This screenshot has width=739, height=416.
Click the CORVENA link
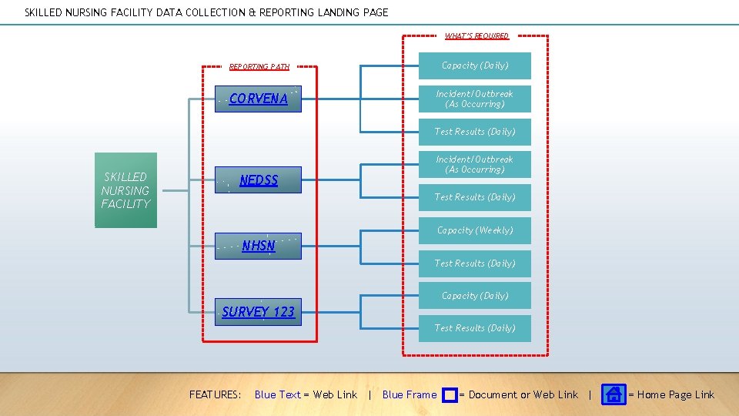click(x=259, y=99)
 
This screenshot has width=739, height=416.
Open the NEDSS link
click(x=259, y=180)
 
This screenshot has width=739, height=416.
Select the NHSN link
click(x=259, y=247)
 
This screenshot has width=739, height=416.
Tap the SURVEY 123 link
click(x=259, y=312)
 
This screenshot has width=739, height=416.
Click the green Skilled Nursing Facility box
click(x=125, y=190)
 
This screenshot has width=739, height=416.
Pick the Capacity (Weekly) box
click(x=475, y=230)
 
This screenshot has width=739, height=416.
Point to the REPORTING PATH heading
click(x=259, y=67)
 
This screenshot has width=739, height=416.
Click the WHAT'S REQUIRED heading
click(x=477, y=36)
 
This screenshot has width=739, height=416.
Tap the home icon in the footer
click(x=614, y=394)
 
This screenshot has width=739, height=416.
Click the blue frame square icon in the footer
click(x=450, y=395)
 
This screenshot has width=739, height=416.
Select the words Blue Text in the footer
click(x=277, y=395)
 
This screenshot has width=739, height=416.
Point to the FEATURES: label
click(x=216, y=395)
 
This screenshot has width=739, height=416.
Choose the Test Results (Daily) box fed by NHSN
click(x=475, y=263)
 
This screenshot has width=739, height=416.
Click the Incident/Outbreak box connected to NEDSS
click(x=475, y=164)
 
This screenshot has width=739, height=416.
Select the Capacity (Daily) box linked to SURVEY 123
click(x=475, y=296)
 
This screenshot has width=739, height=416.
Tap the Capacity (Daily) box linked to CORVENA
click(x=475, y=65)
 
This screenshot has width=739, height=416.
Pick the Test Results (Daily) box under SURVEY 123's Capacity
click(x=475, y=328)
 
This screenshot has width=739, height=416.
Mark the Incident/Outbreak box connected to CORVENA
click(x=475, y=99)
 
